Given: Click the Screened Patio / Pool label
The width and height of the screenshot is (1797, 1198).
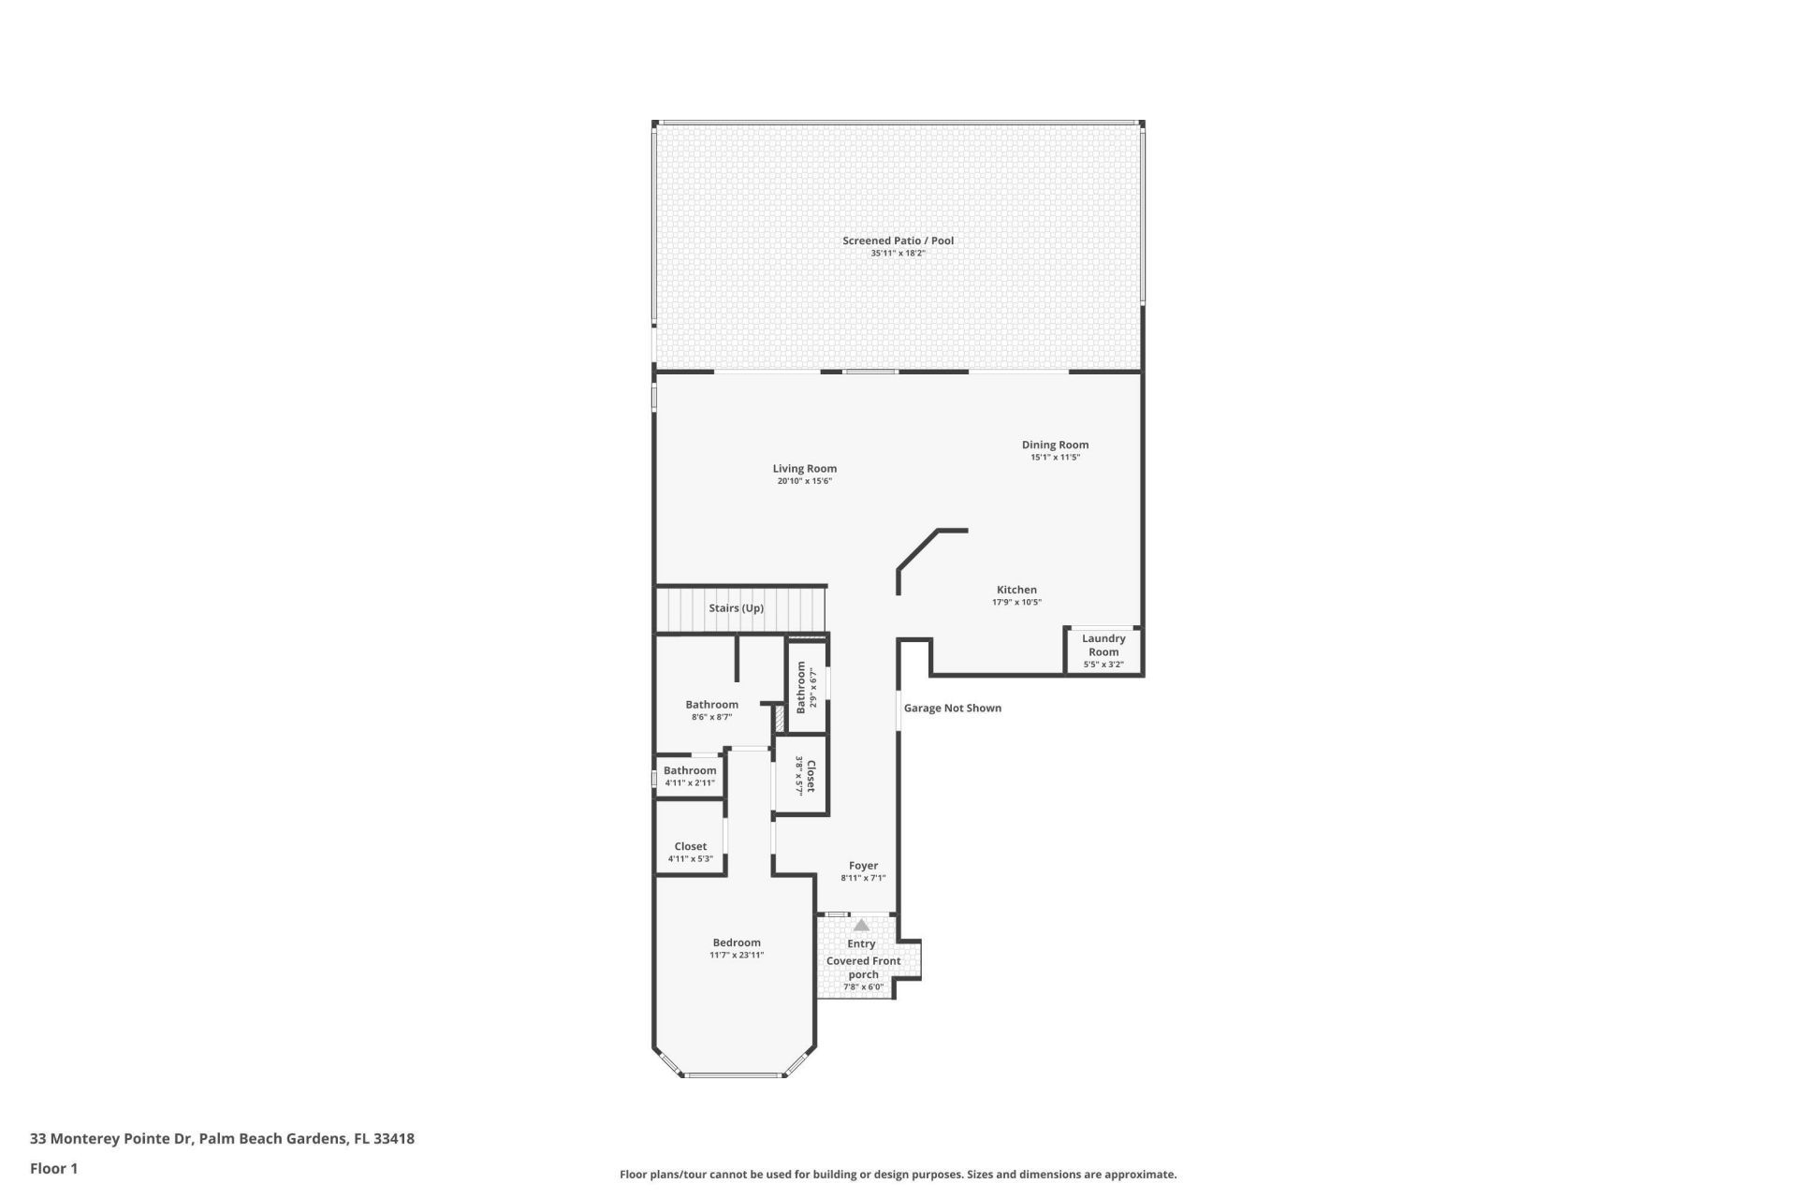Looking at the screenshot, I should (898, 241).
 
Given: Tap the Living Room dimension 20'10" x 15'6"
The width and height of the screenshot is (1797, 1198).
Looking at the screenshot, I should (804, 481).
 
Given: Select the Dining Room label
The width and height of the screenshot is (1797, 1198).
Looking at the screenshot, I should (1055, 445).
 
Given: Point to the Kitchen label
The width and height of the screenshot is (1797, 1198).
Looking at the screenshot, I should (1016, 590).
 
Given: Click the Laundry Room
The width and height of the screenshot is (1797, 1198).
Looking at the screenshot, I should (1103, 650).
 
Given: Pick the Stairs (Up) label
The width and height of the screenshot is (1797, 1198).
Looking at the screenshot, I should (736, 607).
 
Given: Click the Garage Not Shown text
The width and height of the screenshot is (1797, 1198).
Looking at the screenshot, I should (952, 708).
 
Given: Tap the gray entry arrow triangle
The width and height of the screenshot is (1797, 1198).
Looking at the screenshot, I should (861, 925).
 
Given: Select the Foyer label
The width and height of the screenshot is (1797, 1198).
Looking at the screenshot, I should (863, 866).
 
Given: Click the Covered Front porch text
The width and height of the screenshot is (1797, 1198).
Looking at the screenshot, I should (863, 967).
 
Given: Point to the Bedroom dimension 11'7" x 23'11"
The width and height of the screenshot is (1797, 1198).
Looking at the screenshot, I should (737, 955).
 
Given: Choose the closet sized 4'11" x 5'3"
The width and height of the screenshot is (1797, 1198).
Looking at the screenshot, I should (691, 851).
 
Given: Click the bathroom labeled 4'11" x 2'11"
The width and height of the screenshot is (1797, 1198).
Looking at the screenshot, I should (690, 776).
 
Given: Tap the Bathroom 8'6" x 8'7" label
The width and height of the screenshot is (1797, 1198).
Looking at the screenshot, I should (711, 705).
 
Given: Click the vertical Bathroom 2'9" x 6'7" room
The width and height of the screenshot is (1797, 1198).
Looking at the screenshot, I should (807, 687).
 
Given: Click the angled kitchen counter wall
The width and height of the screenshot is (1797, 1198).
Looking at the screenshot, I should (918, 549).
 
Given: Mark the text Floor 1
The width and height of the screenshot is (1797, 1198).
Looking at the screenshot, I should (53, 1168).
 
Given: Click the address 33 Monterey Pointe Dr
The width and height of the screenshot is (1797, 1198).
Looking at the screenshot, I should (111, 1139).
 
